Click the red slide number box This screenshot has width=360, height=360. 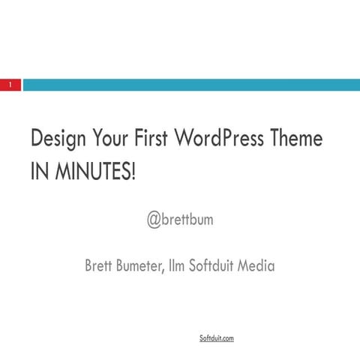[10, 85]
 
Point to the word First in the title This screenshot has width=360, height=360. [154, 139]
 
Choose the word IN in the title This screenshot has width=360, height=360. [37, 172]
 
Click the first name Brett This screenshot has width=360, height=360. [100, 265]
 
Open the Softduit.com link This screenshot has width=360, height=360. [216, 339]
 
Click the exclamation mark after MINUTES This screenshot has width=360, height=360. [134, 172]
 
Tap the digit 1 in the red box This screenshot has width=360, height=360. [10, 85]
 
